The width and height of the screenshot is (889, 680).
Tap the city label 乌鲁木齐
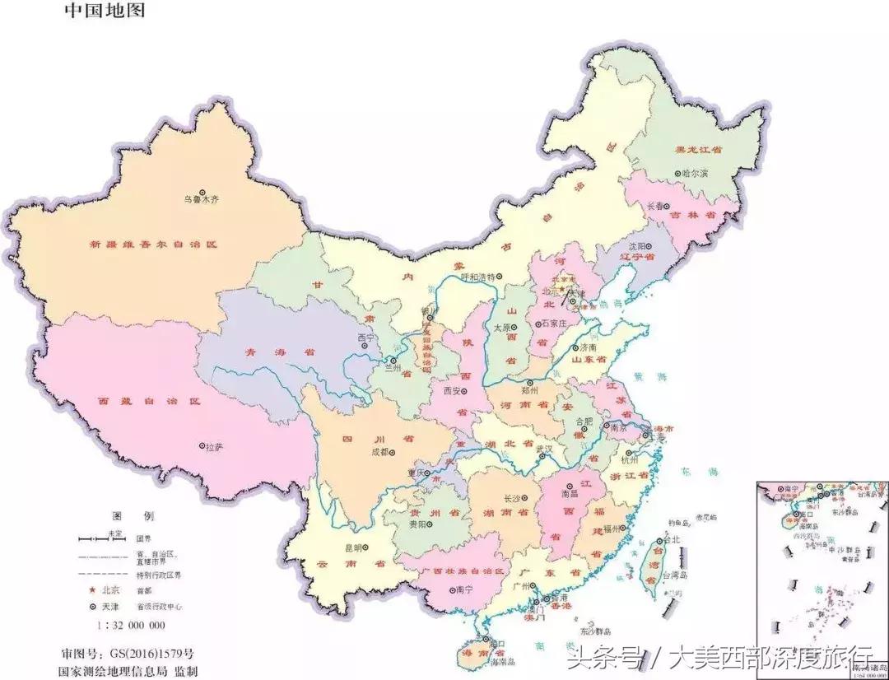[202, 199]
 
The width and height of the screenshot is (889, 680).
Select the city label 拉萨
[213, 446]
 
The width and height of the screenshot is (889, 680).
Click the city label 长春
[656, 207]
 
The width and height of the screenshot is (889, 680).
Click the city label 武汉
[544, 449]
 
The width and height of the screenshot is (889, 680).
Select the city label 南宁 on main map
[463, 589]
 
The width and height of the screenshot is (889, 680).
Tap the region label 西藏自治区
[149, 401]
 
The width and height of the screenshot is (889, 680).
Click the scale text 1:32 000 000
[131, 625]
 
